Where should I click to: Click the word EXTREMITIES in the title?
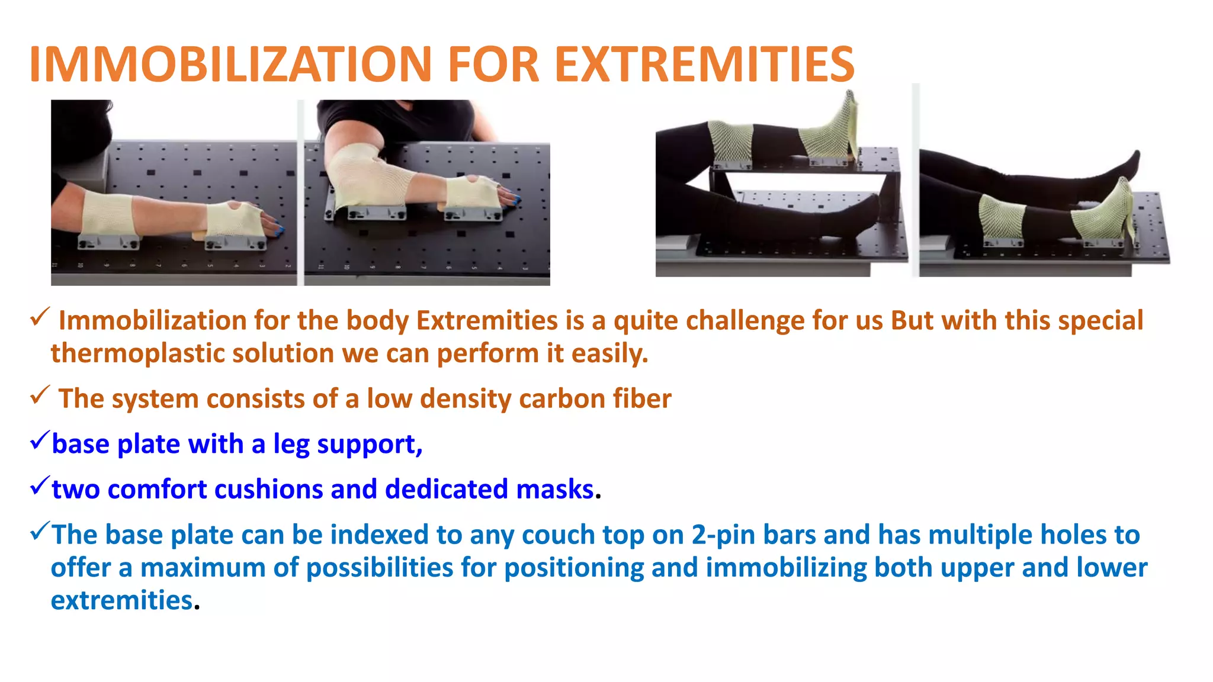point(704,65)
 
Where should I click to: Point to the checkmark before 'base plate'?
point(39,441)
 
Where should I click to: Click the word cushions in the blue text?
point(268,490)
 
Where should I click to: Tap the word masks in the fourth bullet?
point(554,490)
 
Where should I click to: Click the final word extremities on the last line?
point(121,600)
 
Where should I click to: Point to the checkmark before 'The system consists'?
point(39,395)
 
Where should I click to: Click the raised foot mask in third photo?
point(829,133)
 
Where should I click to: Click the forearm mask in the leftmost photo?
point(107,215)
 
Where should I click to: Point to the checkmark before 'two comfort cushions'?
point(39,487)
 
